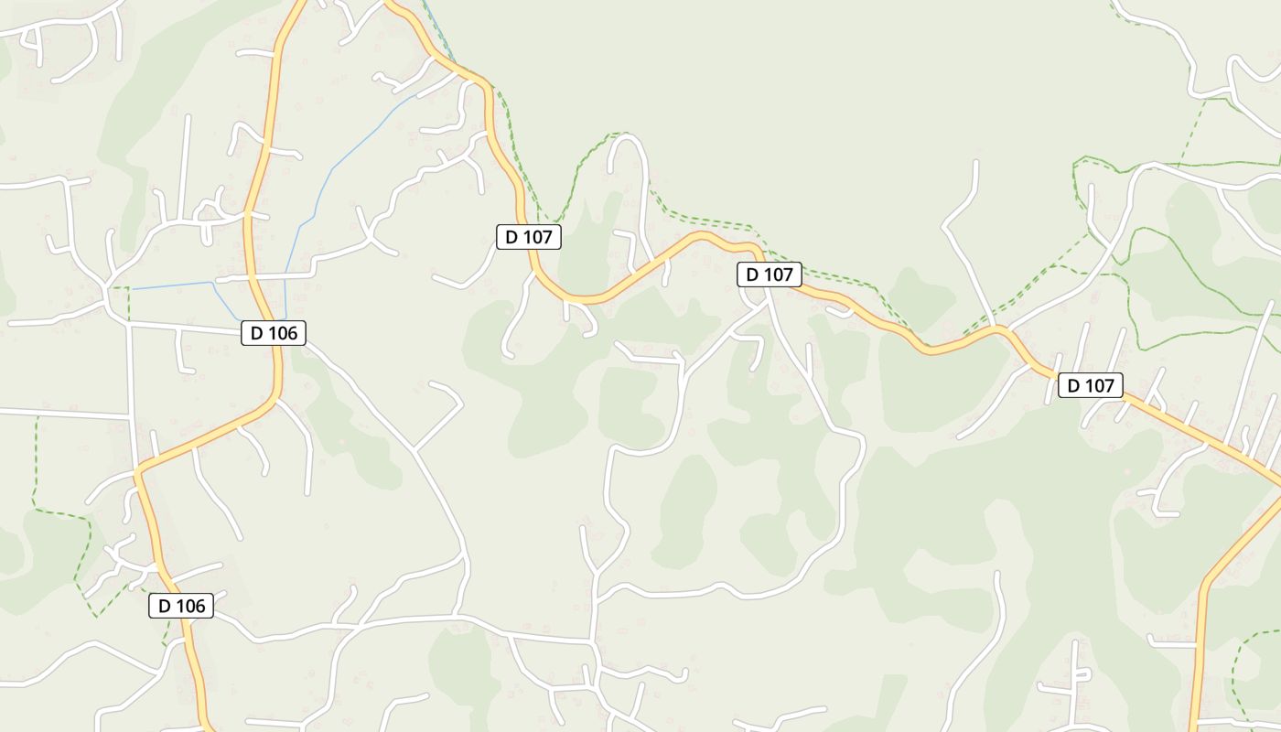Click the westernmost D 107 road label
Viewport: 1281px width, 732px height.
click(x=528, y=237)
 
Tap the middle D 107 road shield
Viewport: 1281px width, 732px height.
click(x=770, y=274)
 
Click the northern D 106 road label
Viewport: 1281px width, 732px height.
click(x=274, y=333)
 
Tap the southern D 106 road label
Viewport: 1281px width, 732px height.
click(x=181, y=605)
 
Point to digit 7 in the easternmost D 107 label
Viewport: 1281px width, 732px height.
click(x=1109, y=385)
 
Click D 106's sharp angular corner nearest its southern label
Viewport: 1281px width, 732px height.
click(x=139, y=472)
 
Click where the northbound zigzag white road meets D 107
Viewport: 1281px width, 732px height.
click(x=997, y=328)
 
